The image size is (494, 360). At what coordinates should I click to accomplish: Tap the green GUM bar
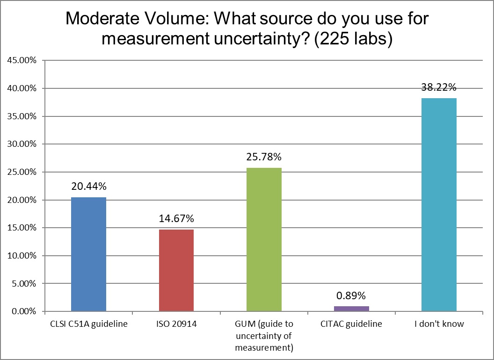[x=264, y=239]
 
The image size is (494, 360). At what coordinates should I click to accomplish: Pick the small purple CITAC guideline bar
[x=351, y=309]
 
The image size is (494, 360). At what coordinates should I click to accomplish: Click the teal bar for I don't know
[x=439, y=204]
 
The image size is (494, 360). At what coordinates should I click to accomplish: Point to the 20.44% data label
[x=89, y=187]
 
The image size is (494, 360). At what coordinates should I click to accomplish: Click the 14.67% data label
[x=176, y=219]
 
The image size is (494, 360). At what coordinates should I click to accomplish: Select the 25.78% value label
[x=264, y=157]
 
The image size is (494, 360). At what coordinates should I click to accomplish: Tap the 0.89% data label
[x=351, y=295]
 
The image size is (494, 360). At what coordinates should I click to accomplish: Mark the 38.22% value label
[x=439, y=87]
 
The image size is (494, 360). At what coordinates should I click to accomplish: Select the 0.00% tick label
[x=23, y=311]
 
